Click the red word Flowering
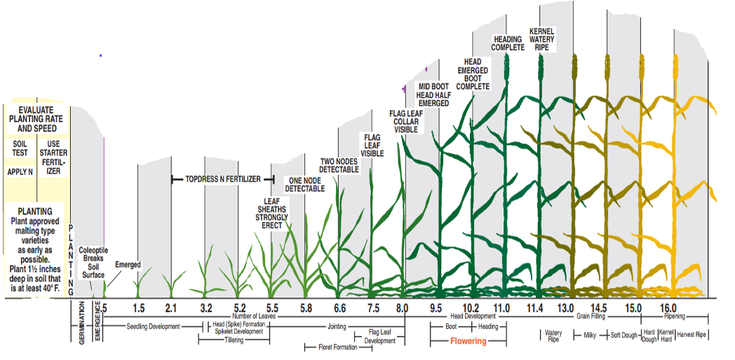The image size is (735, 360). (468, 341)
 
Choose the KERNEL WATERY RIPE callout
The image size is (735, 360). (542, 39)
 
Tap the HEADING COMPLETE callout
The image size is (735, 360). (508, 44)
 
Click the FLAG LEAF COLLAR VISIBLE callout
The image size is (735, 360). (406, 121)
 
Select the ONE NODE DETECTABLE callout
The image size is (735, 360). (306, 185)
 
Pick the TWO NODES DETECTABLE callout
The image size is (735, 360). (339, 166)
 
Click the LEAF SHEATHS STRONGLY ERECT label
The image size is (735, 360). (272, 213)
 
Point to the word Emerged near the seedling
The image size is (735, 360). (128, 265)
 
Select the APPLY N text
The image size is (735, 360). (20, 172)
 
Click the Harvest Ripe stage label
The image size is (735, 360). (690, 335)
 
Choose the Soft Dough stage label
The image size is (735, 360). (625, 335)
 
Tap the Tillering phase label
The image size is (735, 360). (234, 340)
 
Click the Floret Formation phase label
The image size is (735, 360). (330, 347)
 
